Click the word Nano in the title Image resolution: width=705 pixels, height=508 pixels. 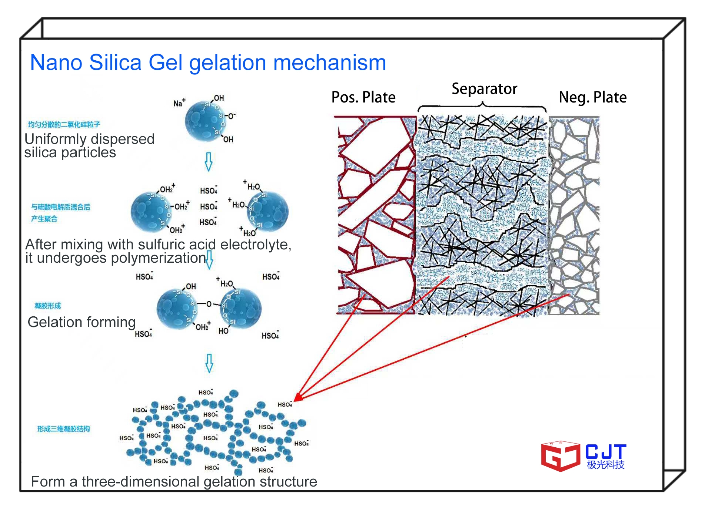click(x=56, y=63)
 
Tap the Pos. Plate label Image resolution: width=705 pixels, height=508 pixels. click(x=363, y=97)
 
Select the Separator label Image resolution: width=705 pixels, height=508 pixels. click(x=484, y=89)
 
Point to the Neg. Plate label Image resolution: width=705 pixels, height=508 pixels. click(x=592, y=97)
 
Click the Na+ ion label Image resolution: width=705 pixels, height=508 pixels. click(x=179, y=103)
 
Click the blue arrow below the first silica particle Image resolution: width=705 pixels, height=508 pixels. click(x=209, y=162)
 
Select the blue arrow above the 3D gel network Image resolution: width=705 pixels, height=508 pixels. click(x=209, y=363)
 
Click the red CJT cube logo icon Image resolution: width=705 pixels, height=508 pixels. click(x=560, y=456)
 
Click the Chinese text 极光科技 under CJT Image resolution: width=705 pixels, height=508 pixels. click(x=605, y=465)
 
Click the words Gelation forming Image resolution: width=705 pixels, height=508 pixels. click(x=82, y=322)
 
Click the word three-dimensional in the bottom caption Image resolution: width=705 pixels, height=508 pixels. click(x=141, y=482)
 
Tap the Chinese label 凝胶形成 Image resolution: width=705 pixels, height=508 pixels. click(x=47, y=306)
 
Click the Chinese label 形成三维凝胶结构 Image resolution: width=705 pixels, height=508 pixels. click(x=63, y=429)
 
